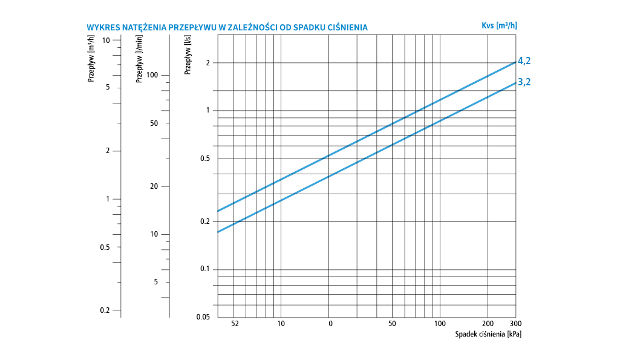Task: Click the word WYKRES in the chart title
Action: point(101,28)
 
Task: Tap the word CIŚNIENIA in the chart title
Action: point(346,28)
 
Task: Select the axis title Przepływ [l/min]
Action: point(140,59)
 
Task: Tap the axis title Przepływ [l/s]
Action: point(188,55)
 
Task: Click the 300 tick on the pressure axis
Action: point(515,324)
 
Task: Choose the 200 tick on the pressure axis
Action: point(488,324)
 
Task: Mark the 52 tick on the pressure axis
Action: point(235,324)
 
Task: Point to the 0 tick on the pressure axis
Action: point(330,324)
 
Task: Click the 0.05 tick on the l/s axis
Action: point(203,317)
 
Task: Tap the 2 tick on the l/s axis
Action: point(207,63)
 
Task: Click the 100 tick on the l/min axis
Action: point(152,75)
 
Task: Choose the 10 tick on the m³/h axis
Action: point(106,40)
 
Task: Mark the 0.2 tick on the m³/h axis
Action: point(105,310)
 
